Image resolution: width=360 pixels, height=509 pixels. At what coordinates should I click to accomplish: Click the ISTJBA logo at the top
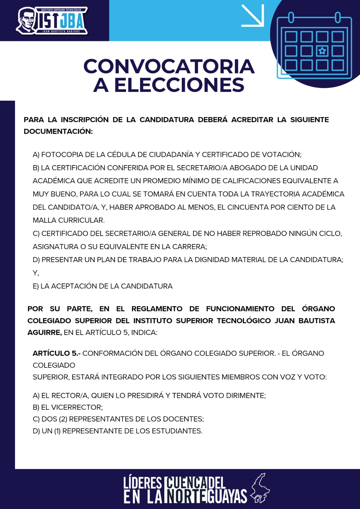pyautogui.click(x=52, y=21)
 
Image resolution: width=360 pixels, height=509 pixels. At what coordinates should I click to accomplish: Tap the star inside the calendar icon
pyautogui.click(x=322, y=51)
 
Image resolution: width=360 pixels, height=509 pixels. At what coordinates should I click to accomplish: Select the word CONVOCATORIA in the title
pyautogui.click(x=169, y=66)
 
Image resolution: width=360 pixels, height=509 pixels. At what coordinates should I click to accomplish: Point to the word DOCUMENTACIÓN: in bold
pyautogui.click(x=58, y=131)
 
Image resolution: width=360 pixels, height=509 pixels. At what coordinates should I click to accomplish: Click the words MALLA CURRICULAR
pyautogui.click(x=69, y=220)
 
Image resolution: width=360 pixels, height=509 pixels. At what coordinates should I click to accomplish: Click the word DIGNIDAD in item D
pyautogui.click(x=210, y=260)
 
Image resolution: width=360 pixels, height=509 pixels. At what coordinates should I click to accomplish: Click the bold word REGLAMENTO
pyautogui.click(x=157, y=309)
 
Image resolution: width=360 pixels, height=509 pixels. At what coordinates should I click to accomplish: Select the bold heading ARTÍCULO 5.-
pyautogui.click(x=56, y=353)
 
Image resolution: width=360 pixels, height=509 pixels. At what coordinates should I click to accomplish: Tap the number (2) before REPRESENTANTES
pyautogui.click(x=63, y=419)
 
